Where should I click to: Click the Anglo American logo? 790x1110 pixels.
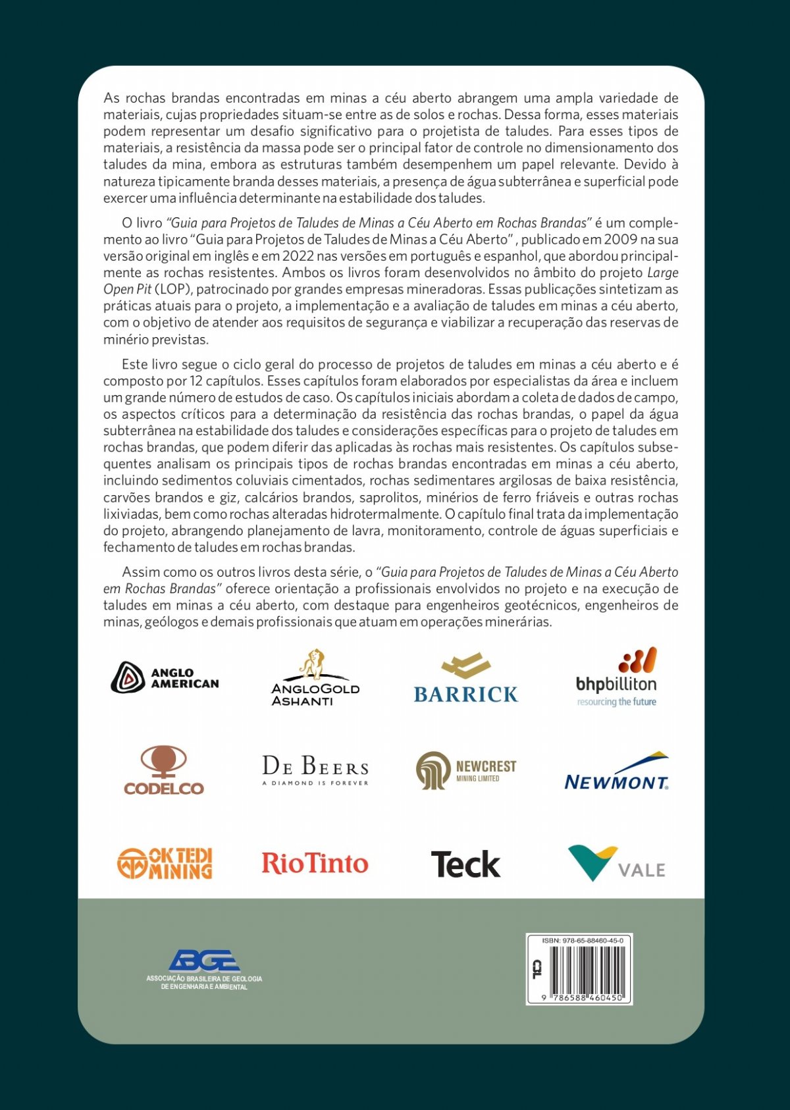165,677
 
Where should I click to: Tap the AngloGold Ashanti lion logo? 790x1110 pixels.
315,678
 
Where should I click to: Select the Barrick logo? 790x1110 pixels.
466,678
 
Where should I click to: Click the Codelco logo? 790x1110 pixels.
164,770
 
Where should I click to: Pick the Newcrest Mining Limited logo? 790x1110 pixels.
466,770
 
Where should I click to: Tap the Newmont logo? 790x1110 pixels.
616,771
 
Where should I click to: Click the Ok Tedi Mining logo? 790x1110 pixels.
165,863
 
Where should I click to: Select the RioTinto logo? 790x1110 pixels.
315,863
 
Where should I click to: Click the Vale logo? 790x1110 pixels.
616,863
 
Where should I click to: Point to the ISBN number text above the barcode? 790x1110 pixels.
583,940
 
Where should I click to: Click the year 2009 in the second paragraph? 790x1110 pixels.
620,240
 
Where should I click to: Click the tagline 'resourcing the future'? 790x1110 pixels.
617,702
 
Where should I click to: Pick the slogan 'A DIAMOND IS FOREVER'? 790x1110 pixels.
315,783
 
